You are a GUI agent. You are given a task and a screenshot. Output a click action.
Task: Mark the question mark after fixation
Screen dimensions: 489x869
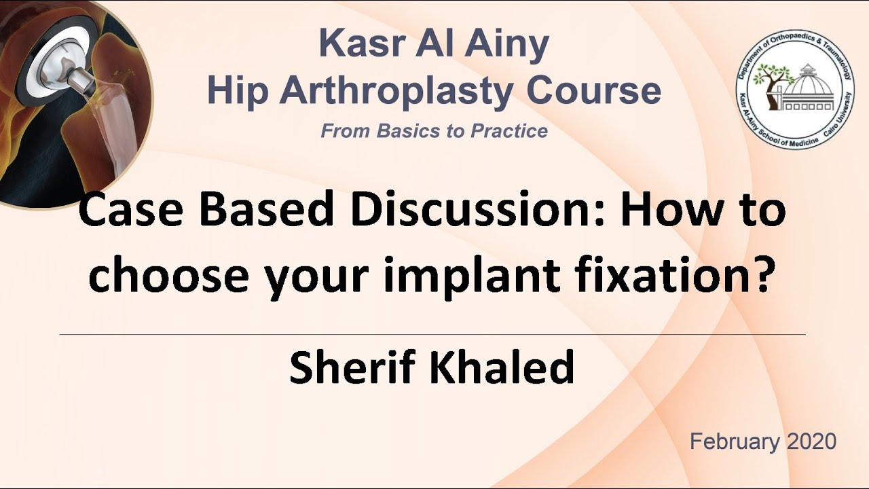[x=764, y=274]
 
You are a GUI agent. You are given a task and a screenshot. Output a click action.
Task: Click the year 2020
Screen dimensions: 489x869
[x=811, y=441]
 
